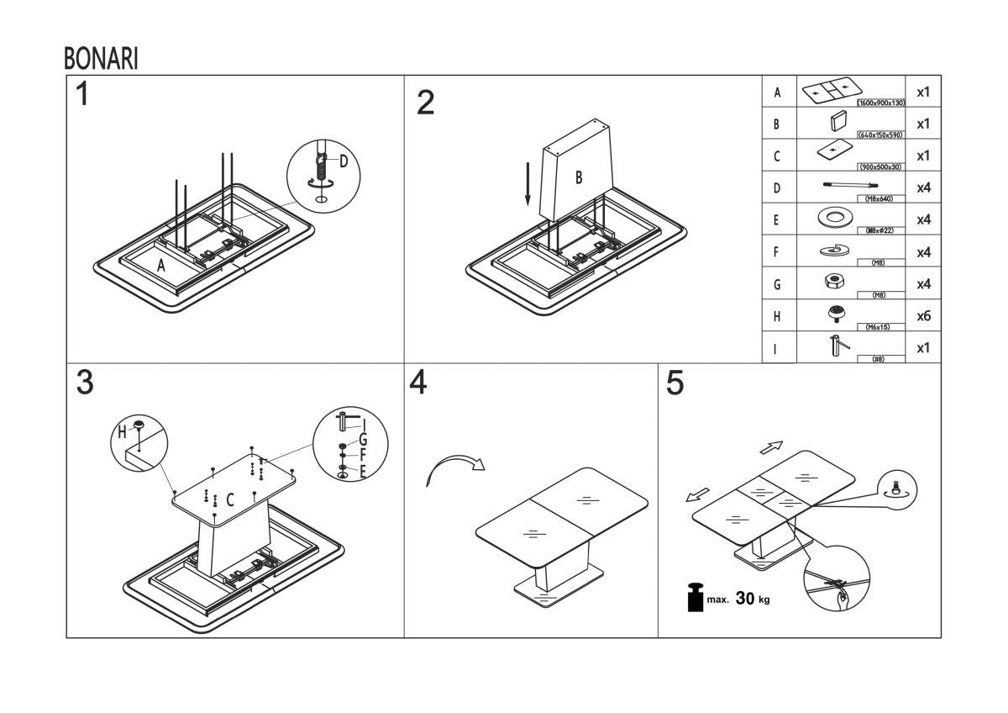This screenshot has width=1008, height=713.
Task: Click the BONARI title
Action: tap(100, 59)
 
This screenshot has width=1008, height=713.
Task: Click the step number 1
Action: tap(81, 95)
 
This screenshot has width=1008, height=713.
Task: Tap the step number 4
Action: tap(417, 383)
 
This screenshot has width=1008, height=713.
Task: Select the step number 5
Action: tap(675, 383)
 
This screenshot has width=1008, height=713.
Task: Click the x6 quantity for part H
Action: tap(922, 316)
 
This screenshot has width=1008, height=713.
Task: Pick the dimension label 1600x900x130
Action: tap(879, 103)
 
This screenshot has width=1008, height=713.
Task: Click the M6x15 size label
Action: tap(877, 326)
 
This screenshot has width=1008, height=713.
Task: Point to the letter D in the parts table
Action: tap(777, 188)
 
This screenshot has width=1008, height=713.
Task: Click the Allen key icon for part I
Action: tap(836, 346)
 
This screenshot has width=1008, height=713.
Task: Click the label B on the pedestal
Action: tap(578, 177)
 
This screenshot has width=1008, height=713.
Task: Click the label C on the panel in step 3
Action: tap(230, 499)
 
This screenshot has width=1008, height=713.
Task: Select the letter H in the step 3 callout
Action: tap(123, 430)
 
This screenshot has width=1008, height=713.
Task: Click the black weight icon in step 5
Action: tap(695, 599)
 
